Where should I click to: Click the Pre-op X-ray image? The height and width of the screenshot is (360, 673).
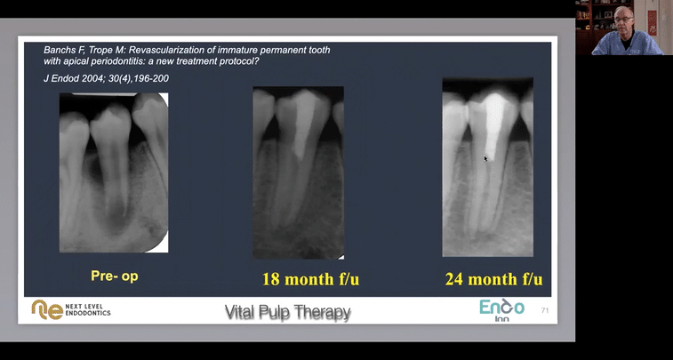113,172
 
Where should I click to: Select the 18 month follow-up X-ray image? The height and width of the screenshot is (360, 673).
298,172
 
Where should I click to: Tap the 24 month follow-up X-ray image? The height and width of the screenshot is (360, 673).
487,167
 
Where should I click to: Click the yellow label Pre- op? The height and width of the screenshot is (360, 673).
115,276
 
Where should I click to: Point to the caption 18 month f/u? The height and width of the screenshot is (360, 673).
310,279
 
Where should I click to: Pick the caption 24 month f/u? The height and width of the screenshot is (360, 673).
493,279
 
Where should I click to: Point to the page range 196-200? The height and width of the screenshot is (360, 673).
151,78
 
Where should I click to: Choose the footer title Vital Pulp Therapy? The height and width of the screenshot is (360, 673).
287,312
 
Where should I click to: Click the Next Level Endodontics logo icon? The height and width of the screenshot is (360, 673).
47,309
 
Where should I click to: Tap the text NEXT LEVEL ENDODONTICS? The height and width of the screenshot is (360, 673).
88,309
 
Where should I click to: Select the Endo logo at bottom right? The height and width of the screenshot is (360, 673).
502,308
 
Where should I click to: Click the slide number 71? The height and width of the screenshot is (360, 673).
545,310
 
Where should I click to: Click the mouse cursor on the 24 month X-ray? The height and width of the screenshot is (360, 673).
485,158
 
